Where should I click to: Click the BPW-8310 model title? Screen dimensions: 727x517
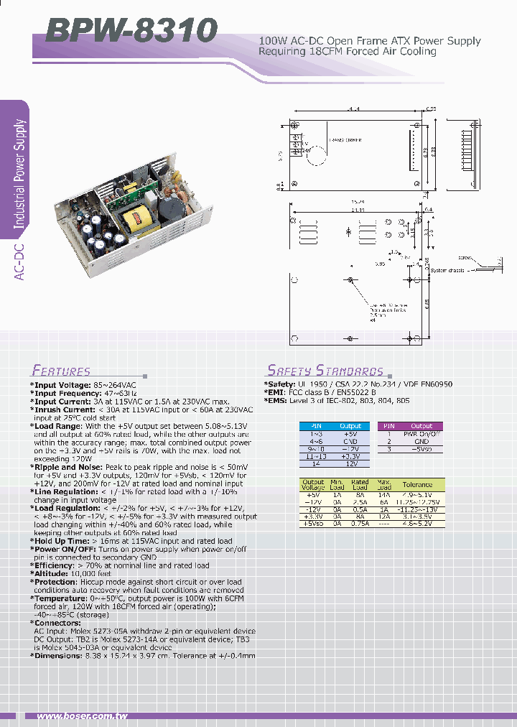[x=131, y=31]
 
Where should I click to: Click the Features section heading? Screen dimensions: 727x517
[x=61, y=371]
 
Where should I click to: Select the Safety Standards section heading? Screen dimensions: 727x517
[x=325, y=371]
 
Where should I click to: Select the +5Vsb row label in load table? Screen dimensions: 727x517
[x=313, y=524]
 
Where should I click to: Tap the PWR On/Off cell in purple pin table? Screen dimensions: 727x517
[x=421, y=434]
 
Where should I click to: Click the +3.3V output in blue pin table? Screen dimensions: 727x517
[x=350, y=456]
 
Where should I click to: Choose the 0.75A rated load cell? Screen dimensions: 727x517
[x=360, y=524]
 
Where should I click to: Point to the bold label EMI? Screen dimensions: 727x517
[x=276, y=393]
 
